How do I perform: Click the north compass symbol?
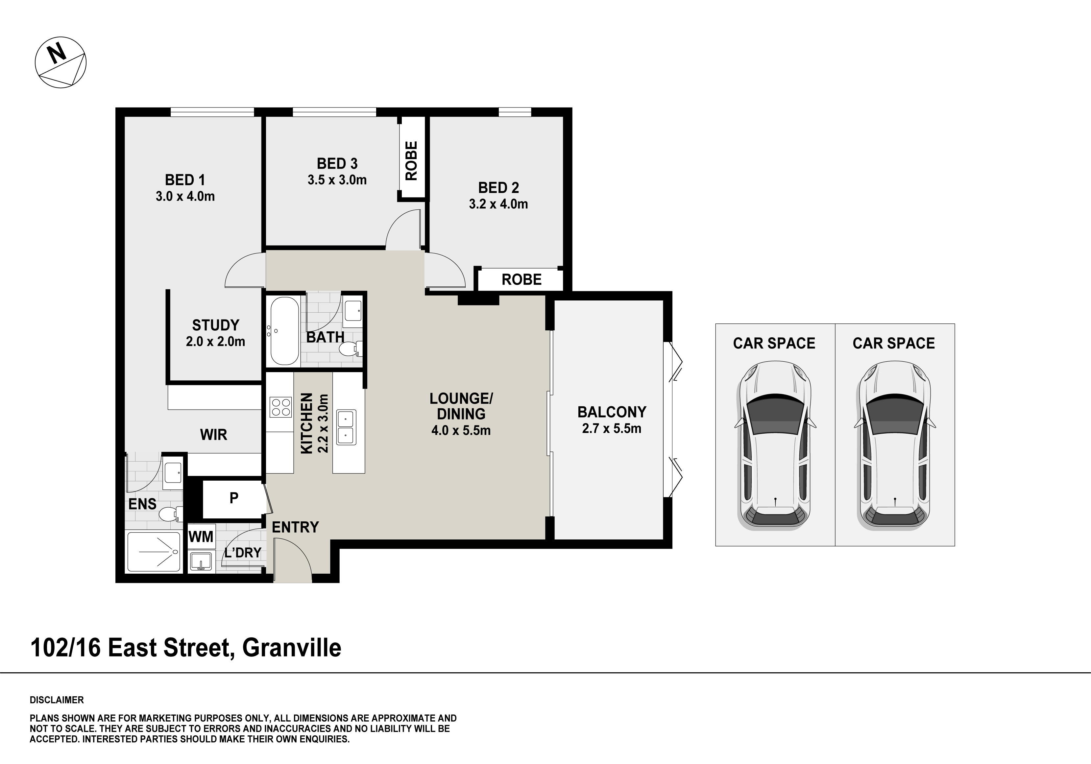point(61,62)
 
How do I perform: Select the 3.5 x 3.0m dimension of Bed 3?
point(337,180)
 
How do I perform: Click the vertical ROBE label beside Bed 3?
point(411,161)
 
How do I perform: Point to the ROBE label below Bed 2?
point(521,279)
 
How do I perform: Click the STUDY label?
point(215,325)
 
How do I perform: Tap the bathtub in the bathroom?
point(284,331)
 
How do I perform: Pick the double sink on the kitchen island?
point(346,427)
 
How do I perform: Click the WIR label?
point(213,435)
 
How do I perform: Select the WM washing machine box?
point(201,537)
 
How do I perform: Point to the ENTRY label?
point(295,527)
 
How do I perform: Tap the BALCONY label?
point(612,412)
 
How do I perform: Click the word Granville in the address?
point(292,648)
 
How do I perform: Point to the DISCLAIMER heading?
point(57,700)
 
